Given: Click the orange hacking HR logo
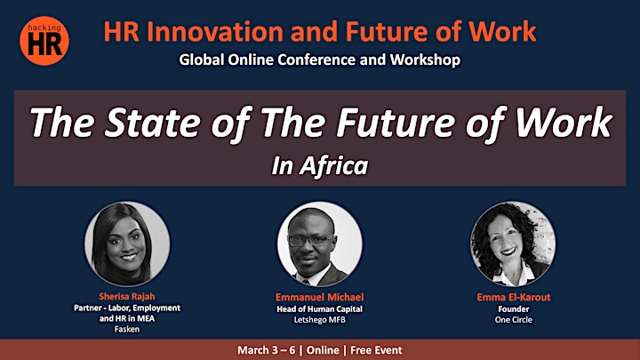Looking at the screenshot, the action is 44,41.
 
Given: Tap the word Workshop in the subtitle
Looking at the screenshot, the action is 425,60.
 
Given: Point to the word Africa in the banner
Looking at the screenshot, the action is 333,166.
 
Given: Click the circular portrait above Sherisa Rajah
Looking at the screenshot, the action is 127,244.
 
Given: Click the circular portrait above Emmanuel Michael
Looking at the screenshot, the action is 320,244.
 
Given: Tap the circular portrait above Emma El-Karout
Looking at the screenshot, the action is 513,244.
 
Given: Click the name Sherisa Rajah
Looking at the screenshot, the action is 127,296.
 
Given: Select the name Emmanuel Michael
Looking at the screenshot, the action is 320,297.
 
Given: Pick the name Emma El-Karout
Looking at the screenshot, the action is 514,297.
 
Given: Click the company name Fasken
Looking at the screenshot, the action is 127,329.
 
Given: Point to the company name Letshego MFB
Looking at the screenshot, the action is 320,320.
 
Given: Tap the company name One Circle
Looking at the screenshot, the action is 514,320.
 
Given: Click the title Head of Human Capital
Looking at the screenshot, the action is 320,309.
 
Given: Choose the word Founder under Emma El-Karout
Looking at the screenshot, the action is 514,309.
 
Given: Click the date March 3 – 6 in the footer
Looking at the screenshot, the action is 266,350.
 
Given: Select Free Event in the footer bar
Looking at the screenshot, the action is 376,350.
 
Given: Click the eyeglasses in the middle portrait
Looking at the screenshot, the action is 311,240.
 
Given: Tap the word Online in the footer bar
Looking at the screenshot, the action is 323,350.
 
